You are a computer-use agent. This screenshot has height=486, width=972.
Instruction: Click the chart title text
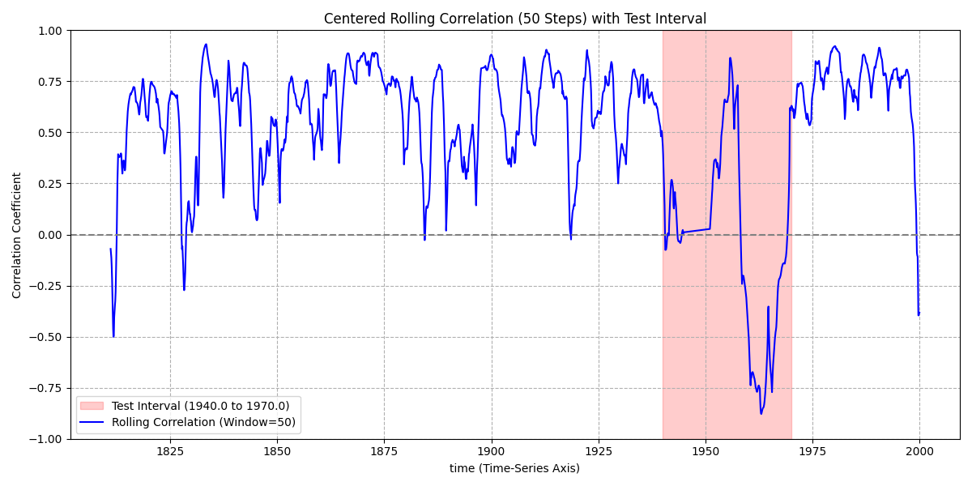click(x=514, y=19)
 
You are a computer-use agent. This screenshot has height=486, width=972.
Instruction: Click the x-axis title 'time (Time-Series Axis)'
click(x=514, y=468)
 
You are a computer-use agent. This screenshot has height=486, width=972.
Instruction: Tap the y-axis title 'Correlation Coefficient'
click(x=17, y=235)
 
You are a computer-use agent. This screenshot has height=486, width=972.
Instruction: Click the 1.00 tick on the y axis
click(x=50, y=31)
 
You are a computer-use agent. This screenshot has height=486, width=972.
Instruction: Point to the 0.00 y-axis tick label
click(x=50, y=235)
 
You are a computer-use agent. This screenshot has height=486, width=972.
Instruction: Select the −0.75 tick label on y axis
click(x=46, y=388)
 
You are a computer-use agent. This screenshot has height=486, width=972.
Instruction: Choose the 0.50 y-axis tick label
click(x=50, y=133)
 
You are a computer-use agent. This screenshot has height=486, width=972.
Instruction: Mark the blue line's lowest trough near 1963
click(x=761, y=414)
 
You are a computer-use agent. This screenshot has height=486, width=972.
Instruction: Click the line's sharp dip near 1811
click(x=113, y=336)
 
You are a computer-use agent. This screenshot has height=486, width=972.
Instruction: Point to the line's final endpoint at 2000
click(x=919, y=313)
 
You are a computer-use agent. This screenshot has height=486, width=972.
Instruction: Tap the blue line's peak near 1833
click(x=206, y=45)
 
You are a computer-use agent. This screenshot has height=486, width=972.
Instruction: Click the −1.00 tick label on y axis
click(x=46, y=439)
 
